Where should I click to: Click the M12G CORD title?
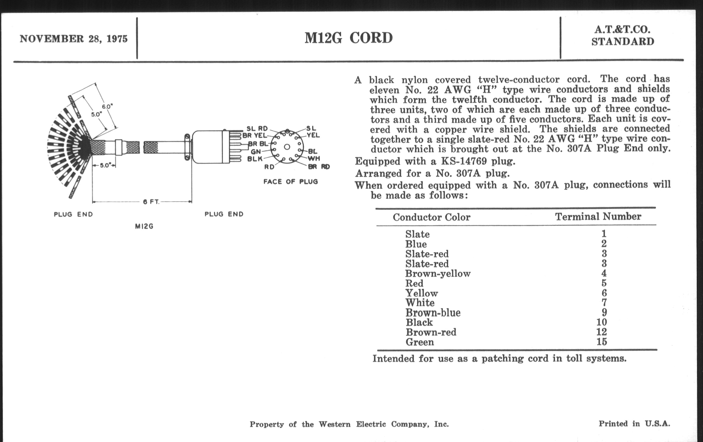click(349, 38)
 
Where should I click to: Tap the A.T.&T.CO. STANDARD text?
click(622, 36)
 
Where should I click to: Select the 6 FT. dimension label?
click(151, 202)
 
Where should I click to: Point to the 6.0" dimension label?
click(107, 107)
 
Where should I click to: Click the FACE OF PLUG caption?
click(291, 182)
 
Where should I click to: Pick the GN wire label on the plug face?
click(256, 152)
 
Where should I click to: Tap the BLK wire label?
click(255, 159)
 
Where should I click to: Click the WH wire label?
click(314, 159)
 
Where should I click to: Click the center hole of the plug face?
click(287, 147)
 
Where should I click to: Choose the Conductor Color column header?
click(431, 217)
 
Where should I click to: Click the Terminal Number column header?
click(598, 216)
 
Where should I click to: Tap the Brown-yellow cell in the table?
click(438, 274)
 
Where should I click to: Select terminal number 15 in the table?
click(602, 342)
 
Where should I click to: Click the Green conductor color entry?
click(419, 342)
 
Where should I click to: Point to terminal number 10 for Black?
click(602, 322)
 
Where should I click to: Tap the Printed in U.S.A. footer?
click(634, 424)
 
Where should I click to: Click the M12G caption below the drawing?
click(144, 226)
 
